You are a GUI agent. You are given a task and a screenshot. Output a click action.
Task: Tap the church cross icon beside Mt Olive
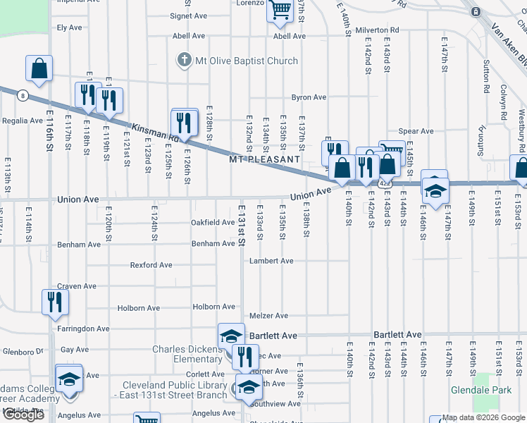pyautogui.click(x=185, y=60)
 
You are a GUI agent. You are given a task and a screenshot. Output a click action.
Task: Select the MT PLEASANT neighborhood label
pyautogui.click(x=266, y=159)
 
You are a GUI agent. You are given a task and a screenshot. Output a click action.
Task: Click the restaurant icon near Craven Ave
pyautogui.click(x=55, y=302)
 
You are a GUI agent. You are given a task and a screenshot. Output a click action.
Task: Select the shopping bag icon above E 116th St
pyautogui.click(x=39, y=68)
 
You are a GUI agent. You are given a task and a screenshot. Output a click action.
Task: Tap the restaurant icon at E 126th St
pyautogui.click(x=184, y=122)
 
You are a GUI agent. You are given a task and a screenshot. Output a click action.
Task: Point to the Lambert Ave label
pyautogui.click(x=271, y=261)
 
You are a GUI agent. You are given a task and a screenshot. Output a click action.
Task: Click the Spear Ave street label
pyautogui.click(x=416, y=131)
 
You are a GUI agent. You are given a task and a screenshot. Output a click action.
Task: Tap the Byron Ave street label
pyautogui.click(x=309, y=97)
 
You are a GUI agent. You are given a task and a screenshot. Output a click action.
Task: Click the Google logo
pyautogui.click(x=23, y=415)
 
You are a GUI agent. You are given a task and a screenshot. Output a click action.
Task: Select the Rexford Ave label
pyautogui.click(x=151, y=266)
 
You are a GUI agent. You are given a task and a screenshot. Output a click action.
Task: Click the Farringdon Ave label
pyautogui.click(x=84, y=329)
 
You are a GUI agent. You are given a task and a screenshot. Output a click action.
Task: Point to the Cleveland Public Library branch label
pyautogui.click(x=175, y=390)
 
